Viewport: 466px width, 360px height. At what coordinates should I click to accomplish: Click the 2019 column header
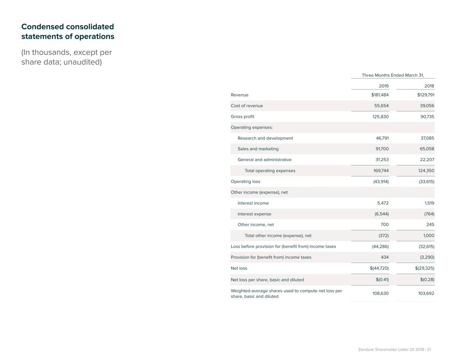[x=383, y=86]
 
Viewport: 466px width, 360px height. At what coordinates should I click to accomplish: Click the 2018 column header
[x=429, y=86]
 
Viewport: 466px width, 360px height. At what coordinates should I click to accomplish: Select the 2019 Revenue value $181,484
[x=380, y=95]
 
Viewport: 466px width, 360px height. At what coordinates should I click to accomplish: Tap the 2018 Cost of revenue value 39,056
[x=427, y=106]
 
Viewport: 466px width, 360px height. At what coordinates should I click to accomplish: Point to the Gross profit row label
[x=242, y=117]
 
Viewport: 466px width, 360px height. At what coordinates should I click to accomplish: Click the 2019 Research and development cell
[x=382, y=138]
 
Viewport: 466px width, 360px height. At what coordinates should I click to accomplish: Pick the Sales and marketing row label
[x=258, y=149]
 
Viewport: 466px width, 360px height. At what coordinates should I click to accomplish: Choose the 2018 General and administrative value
[x=427, y=160]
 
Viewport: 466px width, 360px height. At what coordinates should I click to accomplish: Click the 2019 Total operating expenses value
[x=381, y=171]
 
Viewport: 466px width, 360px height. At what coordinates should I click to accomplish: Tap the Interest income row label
[x=253, y=203]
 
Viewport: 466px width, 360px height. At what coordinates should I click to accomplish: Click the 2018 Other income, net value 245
[x=430, y=225]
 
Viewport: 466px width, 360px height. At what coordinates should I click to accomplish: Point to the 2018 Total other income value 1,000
[x=428, y=235]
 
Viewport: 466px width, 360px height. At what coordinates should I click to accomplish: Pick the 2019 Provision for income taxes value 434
[x=384, y=257]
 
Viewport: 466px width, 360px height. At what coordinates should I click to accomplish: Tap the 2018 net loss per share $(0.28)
[x=427, y=279]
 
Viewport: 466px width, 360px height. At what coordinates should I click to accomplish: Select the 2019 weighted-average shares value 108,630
[x=380, y=293]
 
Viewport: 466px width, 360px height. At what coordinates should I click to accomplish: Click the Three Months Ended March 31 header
[x=393, y=75]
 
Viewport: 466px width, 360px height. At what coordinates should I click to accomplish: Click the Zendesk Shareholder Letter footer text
[x=394, y=349]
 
